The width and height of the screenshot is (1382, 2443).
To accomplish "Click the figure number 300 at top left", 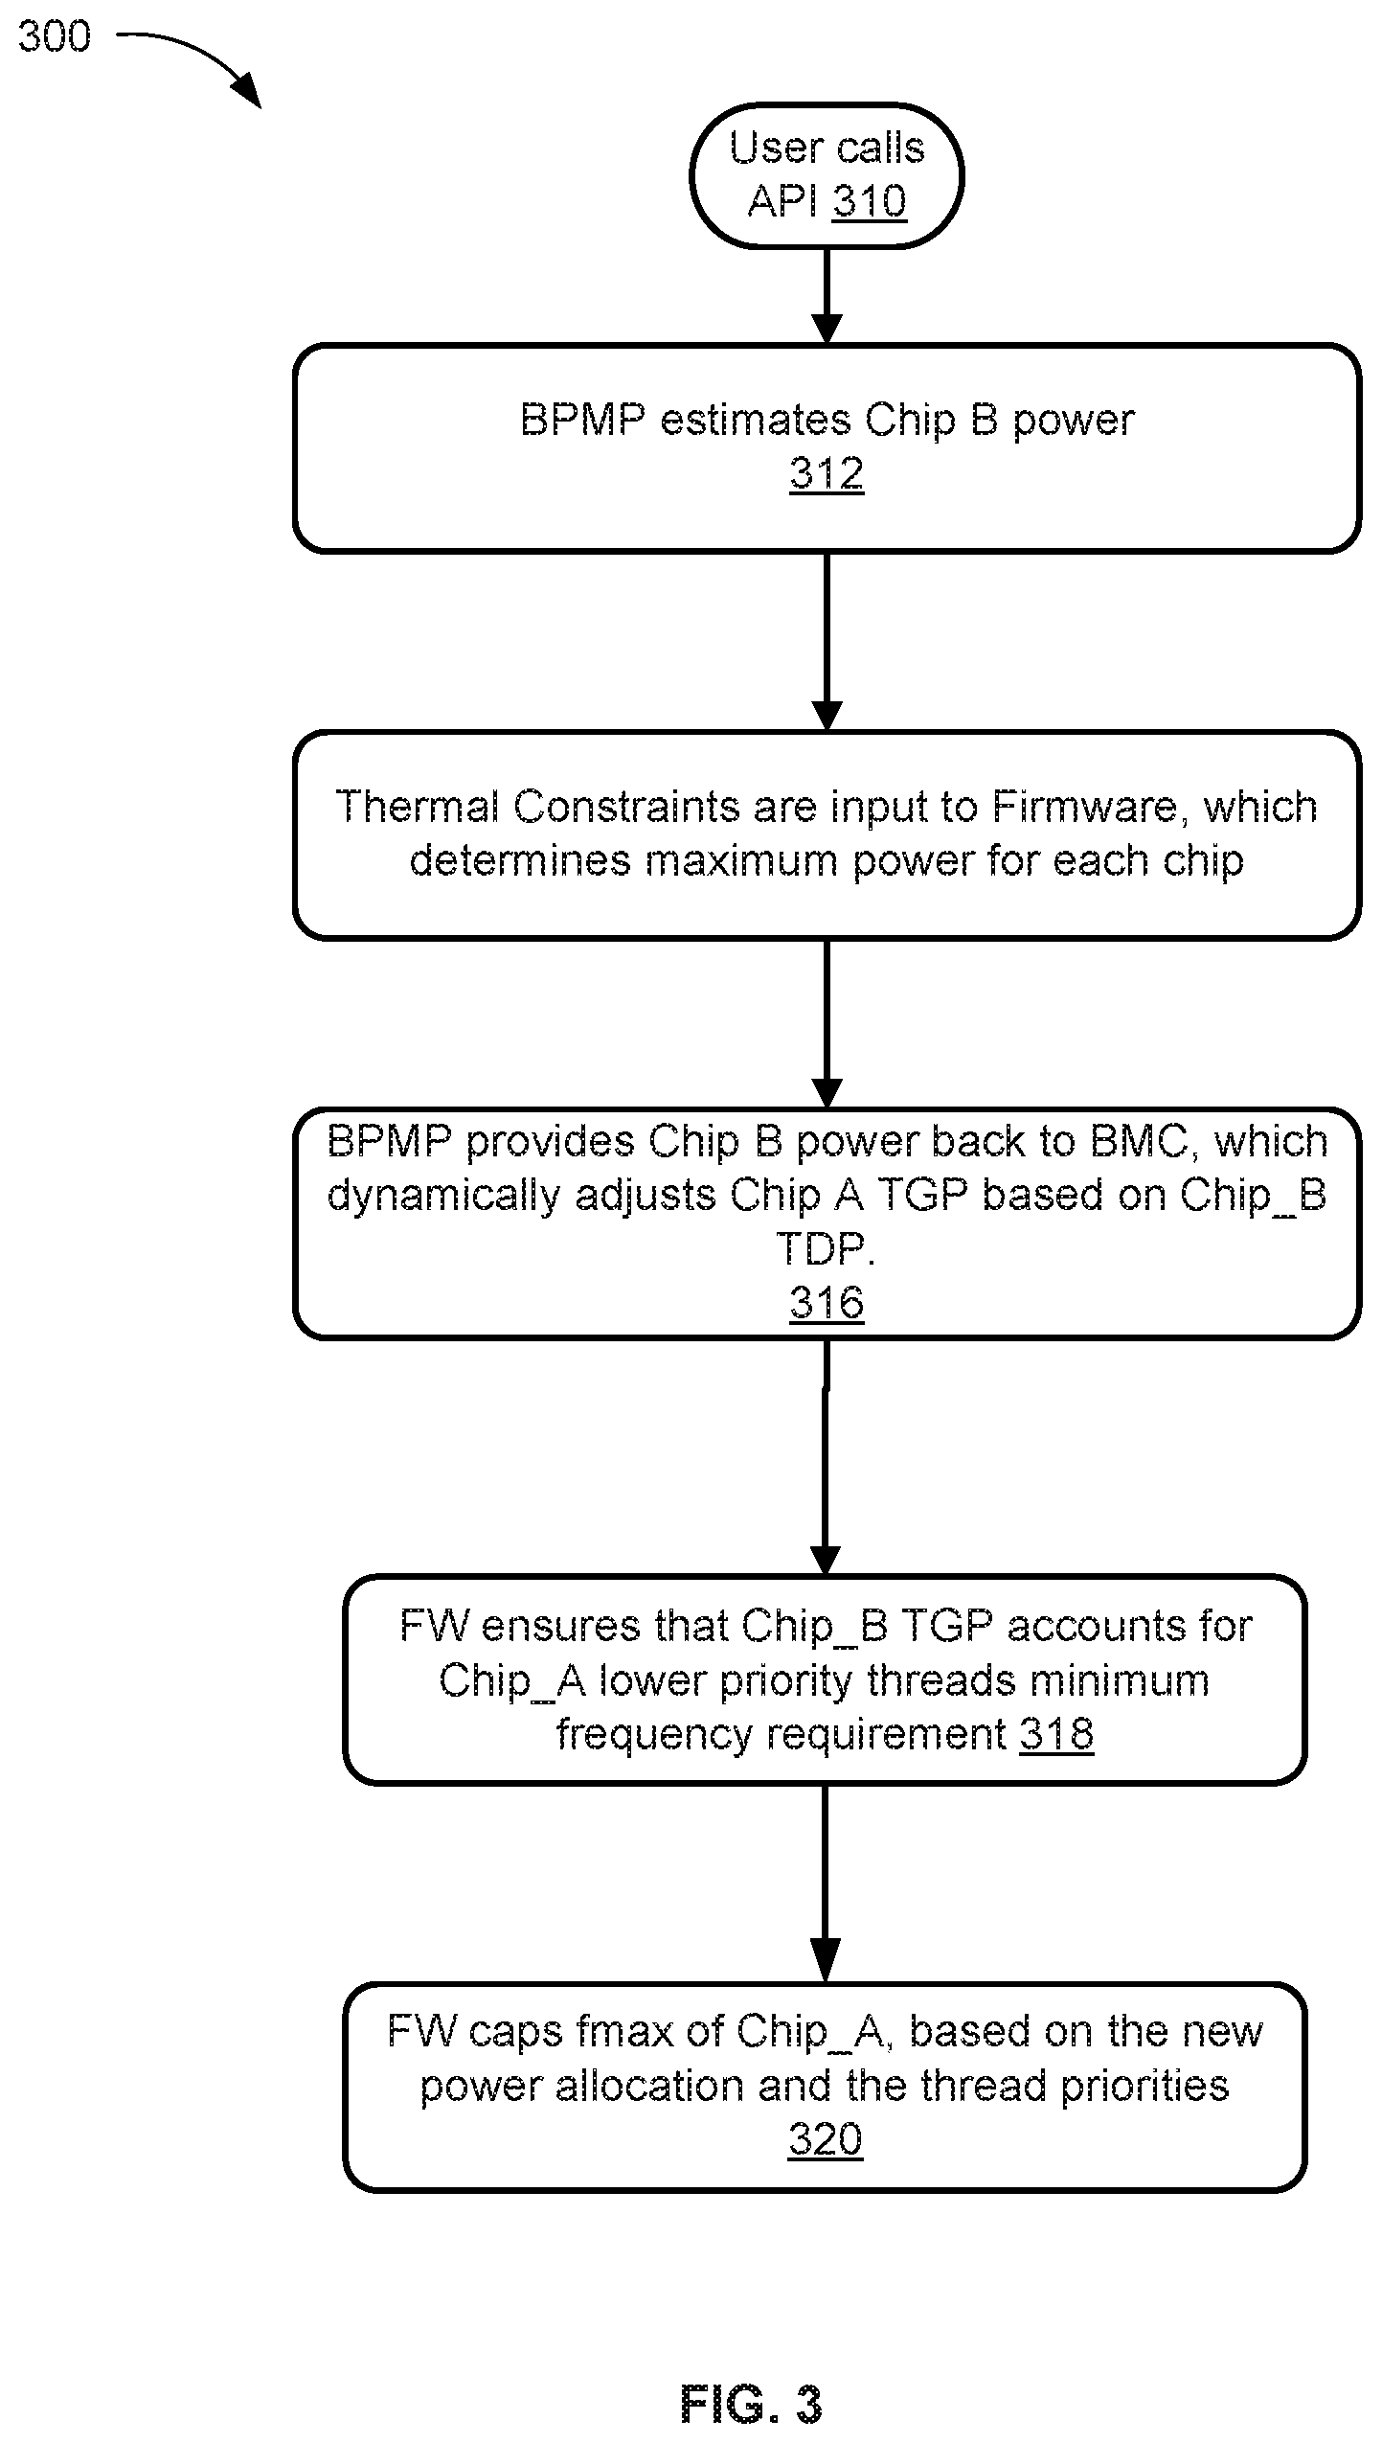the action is coord(55,36).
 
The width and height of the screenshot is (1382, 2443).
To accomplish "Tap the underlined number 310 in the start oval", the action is coord(869,202).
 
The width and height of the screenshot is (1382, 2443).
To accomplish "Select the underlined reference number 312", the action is coord(827,474).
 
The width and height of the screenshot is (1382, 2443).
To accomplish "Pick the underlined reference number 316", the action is coord(827,1303).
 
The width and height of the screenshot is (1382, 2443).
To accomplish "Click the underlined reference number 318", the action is coord(1056,1735).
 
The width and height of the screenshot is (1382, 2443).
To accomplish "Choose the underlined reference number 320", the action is coord(826,2139).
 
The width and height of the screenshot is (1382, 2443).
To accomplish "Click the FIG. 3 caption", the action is coord(752,2405).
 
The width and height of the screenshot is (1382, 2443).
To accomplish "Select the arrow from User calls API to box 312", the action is coord(827,296).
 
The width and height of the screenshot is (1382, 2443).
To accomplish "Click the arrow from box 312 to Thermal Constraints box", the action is coord(827,642).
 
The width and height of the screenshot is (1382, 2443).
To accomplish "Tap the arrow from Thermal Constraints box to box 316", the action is coord(827,1024).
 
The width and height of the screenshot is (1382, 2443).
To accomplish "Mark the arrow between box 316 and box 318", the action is coord(826,1457).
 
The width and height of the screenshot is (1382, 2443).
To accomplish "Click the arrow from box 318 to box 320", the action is coord(826,1884).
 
